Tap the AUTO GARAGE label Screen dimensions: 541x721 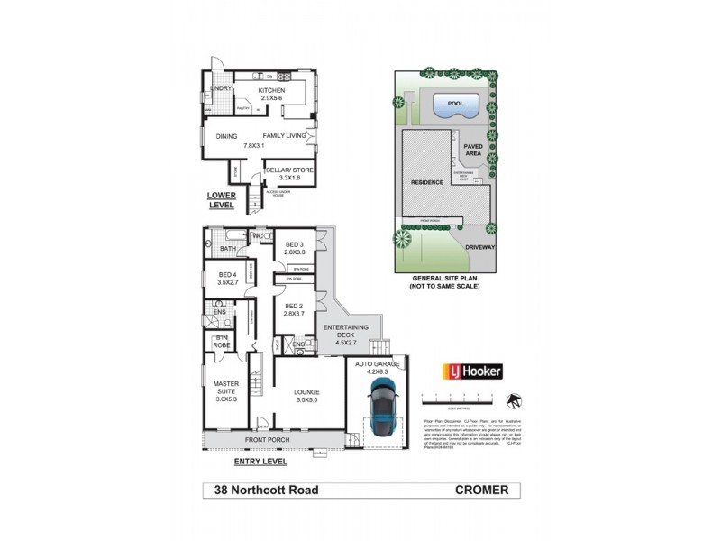(378, 364)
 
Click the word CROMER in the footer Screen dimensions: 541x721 (481, 491)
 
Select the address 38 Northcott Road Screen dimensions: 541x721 (266, 491)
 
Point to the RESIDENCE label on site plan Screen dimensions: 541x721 (427, 182)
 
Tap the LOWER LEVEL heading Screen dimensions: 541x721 (221, 199)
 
